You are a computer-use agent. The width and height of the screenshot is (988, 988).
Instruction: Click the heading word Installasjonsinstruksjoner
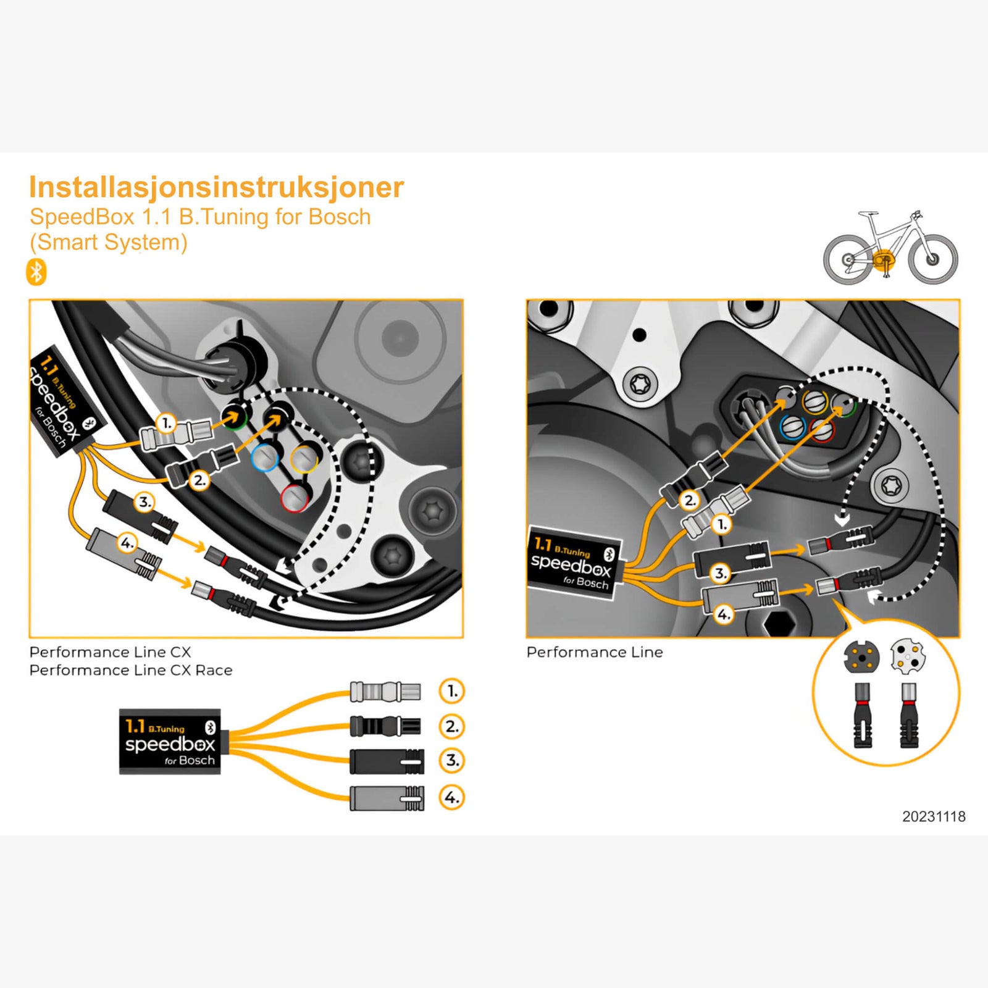pos(216,187)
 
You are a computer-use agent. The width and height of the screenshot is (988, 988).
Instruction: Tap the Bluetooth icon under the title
pos(36,272)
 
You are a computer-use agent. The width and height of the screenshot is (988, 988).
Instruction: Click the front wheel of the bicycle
pos(932,259)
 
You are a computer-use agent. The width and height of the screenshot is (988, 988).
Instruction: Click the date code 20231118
pos(933,816)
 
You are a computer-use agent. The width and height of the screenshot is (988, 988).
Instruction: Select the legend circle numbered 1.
pos(451,691)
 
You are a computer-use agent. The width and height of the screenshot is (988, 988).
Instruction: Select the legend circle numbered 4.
pos(451,797)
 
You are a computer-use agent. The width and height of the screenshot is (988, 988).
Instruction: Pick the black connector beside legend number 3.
pos(387,761)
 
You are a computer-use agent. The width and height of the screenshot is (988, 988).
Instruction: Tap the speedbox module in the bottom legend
pos(170,741)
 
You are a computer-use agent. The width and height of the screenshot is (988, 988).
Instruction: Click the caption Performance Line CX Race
pos(131,670)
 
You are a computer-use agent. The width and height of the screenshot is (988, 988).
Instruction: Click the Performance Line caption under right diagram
pos(594,652)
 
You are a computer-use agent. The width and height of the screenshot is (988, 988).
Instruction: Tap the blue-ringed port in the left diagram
pos(266,458)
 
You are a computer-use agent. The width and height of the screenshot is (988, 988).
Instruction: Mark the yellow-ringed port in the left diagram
pos(304,458)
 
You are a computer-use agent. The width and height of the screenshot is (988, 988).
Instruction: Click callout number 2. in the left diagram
pos(199,479)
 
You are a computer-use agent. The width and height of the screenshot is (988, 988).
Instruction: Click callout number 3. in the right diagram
pos(720,573)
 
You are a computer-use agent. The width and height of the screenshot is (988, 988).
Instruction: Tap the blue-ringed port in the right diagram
pos(792,427)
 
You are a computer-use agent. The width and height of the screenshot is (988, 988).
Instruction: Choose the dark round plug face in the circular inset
pos(861,657)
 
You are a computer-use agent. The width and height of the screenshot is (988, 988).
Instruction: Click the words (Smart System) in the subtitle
pos(109,242)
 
